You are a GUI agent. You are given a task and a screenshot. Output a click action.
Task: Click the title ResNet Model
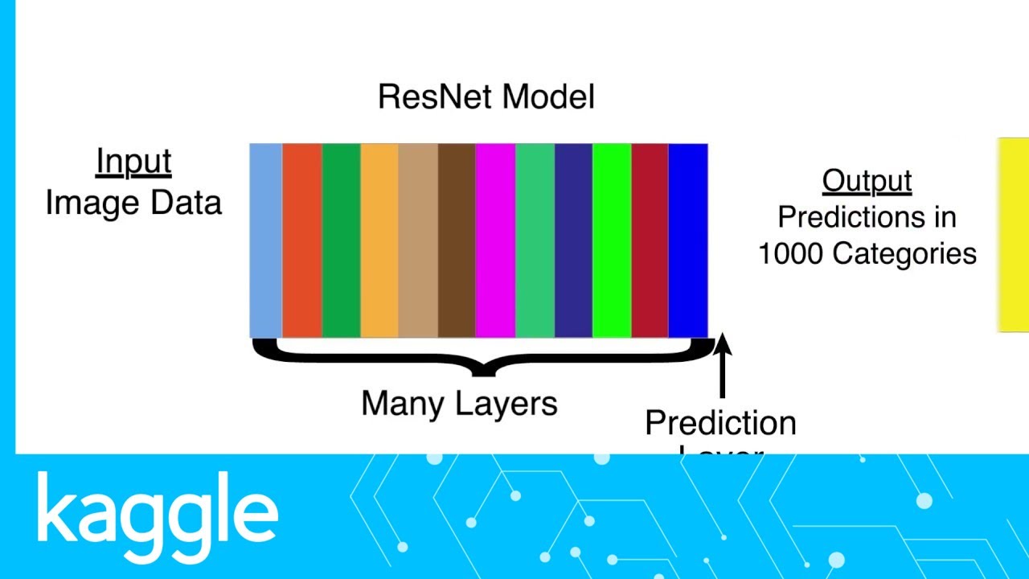tap(486, 96)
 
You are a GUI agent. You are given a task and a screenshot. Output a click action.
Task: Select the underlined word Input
tap(133, 162)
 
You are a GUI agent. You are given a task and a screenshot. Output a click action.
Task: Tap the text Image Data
tap(133, 203)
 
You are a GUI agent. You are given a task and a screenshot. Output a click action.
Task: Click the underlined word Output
tap(867, 181)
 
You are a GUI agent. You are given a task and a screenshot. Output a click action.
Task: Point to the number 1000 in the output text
tap(791, 254)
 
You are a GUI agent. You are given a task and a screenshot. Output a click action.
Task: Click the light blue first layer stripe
tap(266, 241)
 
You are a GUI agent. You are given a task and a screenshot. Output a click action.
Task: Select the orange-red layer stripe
tap(302, 241)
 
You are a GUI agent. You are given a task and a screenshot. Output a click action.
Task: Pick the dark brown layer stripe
tap(457, 241)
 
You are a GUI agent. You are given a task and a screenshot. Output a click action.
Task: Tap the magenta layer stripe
tap(495, 241)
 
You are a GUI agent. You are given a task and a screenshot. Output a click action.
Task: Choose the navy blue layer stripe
tap(573, 241)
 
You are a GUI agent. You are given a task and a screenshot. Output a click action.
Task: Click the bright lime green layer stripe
tap(612, 241)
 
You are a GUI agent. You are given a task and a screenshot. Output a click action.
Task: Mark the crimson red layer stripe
tap(650, 241)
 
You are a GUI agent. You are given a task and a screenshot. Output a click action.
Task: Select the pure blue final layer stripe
tap(688, 241)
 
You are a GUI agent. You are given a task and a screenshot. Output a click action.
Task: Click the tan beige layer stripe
tap(418, 241)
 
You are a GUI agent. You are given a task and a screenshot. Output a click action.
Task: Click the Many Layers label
tap(459, 403)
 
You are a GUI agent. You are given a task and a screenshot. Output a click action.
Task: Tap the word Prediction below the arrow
tap(720, 423)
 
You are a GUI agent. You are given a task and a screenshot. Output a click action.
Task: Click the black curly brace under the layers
tap(483, 359)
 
